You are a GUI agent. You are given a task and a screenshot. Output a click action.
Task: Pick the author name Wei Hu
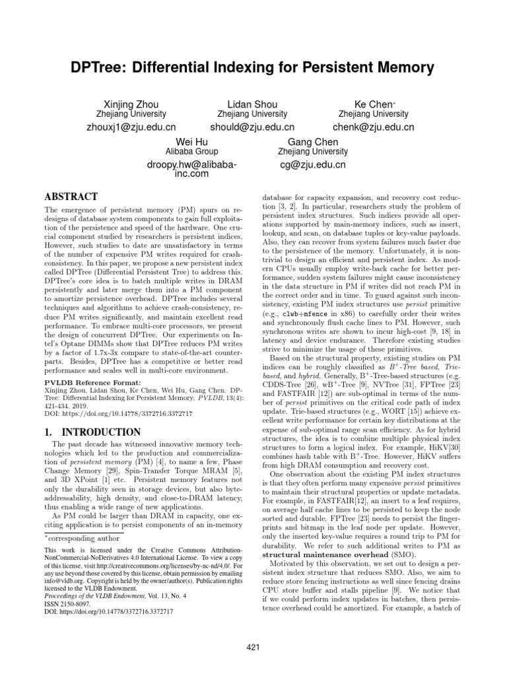(191, 142)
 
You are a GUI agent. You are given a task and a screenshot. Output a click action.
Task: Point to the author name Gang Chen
(313, 142)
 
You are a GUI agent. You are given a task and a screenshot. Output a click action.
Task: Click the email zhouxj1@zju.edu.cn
(131, 127)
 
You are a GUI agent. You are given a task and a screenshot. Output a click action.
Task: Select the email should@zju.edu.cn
(252, 127)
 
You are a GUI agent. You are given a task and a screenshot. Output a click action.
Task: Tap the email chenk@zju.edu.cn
(374, 127)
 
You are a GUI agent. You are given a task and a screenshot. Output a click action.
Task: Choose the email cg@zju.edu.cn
(313, 166)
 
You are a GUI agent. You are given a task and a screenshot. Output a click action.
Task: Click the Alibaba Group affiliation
(191, 152)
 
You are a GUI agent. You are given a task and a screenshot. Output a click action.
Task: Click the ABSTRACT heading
(71, 197)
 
